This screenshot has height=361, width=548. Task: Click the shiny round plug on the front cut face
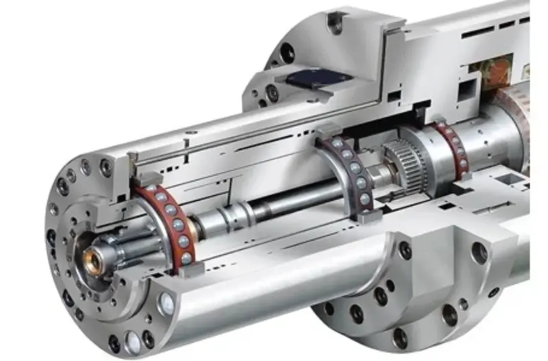coord(166,302)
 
